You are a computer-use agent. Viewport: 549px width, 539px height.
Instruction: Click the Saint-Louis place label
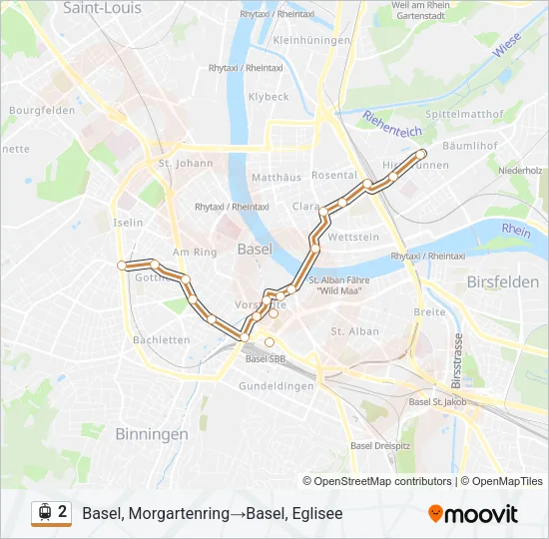(102, 8)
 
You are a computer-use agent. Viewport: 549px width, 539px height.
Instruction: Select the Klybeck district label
(269, 97)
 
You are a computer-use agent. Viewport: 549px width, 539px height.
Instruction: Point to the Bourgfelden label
(42, 111)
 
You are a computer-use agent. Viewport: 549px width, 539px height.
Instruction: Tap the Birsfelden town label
(502, 282)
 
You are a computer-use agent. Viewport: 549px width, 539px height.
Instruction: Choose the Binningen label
(151, 434)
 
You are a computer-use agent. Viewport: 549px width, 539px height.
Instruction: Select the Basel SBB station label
(267, 359)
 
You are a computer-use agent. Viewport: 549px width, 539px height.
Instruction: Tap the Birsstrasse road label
(456, 364)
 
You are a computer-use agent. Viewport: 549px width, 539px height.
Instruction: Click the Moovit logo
(472, 514)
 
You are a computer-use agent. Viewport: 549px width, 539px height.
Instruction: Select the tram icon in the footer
(44, 512)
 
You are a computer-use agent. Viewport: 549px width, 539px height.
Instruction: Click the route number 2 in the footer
(63, 512)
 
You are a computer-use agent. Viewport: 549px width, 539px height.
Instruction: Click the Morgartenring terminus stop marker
(122, 266)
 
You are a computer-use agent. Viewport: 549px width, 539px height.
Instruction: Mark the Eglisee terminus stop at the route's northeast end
(421, 154)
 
